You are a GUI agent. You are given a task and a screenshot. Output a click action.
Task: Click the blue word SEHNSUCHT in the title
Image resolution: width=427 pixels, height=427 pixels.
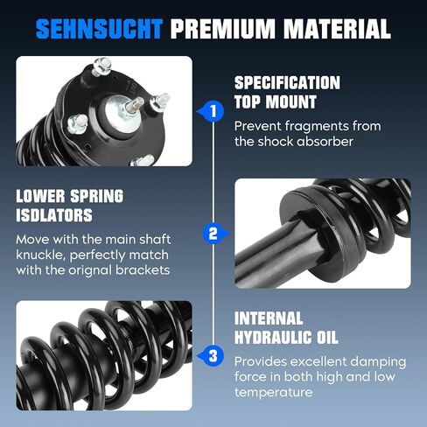pyautogui.click(x=99, y=29)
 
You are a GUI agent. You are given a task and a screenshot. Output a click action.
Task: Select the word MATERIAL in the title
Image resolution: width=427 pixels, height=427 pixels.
pyautogui.click(x=337, y=29)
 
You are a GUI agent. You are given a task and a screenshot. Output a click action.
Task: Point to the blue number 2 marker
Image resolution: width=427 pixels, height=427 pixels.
pyautogui.click(x=216, y=234)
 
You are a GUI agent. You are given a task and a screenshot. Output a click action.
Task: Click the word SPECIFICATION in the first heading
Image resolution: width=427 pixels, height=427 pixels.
pyautogui.click(x=287, y=82)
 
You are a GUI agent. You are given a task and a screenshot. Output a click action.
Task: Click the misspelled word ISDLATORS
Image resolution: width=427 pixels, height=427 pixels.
pyautogui.click(x=54, y=215)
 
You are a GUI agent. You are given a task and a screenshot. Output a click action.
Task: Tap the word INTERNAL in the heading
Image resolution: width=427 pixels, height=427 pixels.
pyautogui.click(x=269, y=318)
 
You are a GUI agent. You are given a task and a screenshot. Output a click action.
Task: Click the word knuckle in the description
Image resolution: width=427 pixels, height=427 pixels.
pyautogui.click(x=41, y=255)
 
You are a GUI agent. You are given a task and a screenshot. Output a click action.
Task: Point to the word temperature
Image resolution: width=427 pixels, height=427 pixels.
pyautogui.click(x=273, y=392)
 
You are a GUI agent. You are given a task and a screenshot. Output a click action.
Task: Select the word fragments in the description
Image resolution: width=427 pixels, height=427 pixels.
pyautogui.click(x=317, y=127)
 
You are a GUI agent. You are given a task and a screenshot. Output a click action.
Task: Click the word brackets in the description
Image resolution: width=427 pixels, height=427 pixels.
pyautogui.click(x=143, y=270)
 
